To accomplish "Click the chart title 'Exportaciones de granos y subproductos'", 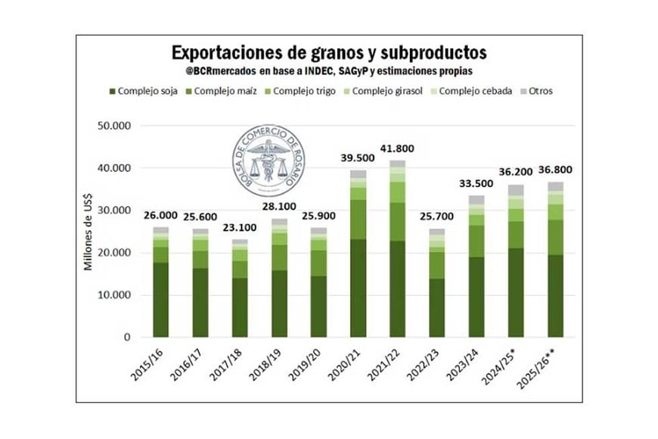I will pos(329,52).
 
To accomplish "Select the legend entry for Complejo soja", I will pos(147,91).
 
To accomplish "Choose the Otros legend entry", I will pos(535,91).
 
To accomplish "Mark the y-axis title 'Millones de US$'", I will pos(88,232).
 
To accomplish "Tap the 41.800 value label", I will pos(397,148).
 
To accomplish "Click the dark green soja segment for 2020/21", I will pos(358,288).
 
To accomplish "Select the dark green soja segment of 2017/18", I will pos(240,307).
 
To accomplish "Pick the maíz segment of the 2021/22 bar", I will pos(397,222).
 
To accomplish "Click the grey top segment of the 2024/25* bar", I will pos(517,190).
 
